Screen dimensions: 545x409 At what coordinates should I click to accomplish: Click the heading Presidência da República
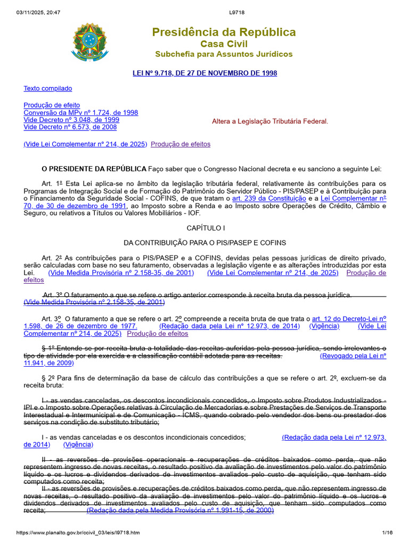[x=224, y=32]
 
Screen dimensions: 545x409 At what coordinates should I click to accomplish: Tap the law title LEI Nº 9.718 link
[x=204, y=73]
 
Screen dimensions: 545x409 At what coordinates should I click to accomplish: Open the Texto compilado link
[x=48, y=88]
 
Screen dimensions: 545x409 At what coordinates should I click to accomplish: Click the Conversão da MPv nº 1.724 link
[x=81, y=113]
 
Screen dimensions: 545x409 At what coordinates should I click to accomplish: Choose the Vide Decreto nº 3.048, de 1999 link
[x=71, y=120]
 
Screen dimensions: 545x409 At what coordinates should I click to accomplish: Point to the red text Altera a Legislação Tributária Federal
[x=270, y=121]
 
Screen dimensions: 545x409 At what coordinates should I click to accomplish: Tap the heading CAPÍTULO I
[x=206, y=228]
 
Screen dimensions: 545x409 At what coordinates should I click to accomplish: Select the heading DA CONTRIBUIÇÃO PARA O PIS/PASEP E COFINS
[x=205, y=243]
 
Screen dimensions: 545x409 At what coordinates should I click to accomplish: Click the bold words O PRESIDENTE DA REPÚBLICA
[x=94, y=169]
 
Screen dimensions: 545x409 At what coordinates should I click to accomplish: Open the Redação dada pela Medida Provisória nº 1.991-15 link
[x=180, y=510]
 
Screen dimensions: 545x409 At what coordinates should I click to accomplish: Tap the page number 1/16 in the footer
[x=387, y=533]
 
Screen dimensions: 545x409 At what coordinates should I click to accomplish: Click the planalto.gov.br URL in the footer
[x=78, y=533]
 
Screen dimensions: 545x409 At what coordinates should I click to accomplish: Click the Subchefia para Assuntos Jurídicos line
[x=224, y=54]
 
